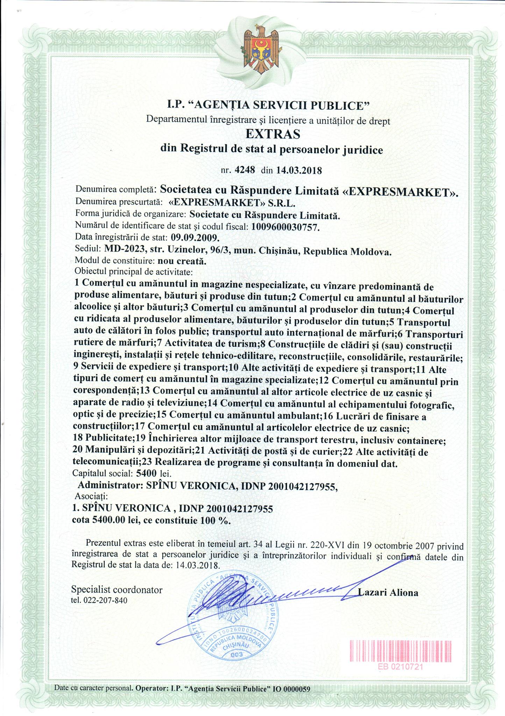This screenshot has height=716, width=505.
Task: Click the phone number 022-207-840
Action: click(105, 600)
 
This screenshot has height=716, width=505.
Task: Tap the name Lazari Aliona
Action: click(388, 593)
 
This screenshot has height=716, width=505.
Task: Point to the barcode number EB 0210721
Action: click(400, 666)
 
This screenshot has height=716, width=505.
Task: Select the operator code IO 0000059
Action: click(291, 689)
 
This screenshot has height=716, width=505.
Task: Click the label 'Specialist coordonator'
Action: click(117, 590)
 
